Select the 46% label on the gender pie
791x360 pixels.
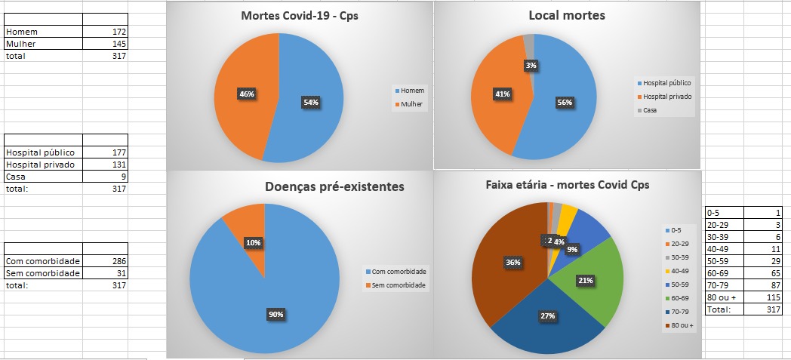(247, 94)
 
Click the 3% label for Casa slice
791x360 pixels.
(531, 66)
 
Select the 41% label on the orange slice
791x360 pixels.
(502, 94)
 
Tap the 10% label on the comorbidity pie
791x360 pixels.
(253, 243)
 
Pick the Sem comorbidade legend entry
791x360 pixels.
(395, 285)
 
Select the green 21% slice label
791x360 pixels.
(585, 280)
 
